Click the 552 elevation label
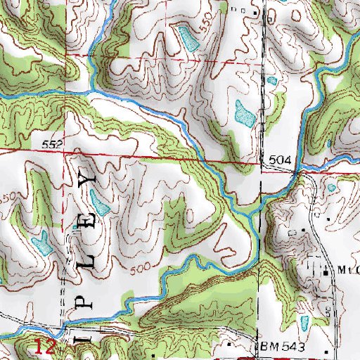58,144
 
